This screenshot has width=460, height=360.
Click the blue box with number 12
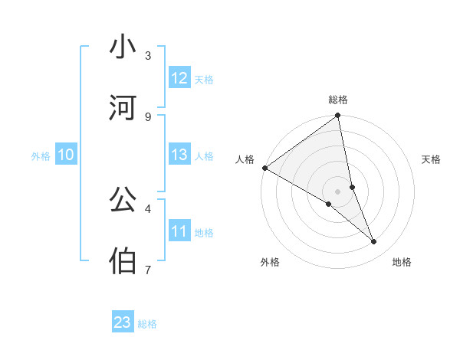click(179, 78)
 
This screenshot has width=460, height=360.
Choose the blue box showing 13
click(179, 155)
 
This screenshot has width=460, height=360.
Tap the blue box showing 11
click(179, 231)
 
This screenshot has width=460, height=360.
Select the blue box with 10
click(66, 155)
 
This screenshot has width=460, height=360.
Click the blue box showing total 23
click(123, 322)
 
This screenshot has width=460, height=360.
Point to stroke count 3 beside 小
click(148, 55)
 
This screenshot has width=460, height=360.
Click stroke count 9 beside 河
click(148, 116)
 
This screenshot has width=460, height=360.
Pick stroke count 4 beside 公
click(148, 208)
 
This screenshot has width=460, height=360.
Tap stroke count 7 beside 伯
click(148, 270)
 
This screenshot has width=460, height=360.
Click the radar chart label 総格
click(338, 100)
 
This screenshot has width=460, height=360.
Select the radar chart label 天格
click(431, 159)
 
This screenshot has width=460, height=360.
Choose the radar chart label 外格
click(270, 262)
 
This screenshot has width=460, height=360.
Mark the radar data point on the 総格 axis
click(338, 116)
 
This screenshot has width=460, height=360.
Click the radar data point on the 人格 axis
click(264, 168)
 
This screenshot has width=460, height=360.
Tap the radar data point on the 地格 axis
click(374, 241)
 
